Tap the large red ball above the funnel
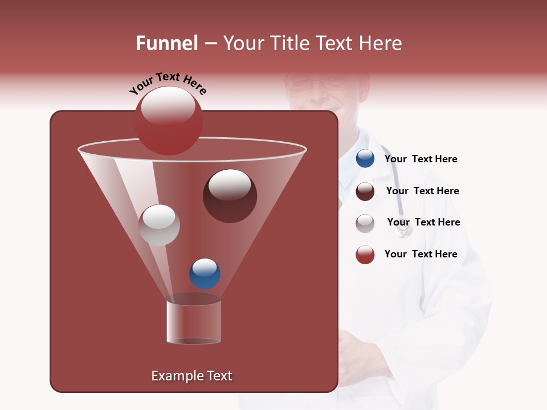pos(169,121)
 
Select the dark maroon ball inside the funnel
pos(230,196)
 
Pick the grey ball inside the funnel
pos(160,225)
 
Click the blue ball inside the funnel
pos(205,273)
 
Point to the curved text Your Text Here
pos(168,83)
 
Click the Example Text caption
pos(192,376)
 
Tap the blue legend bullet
pos(365,159)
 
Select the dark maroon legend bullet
pos(365,191)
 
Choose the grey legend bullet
pos(365,223)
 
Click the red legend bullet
pos(365,255)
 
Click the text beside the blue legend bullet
pos(421,159)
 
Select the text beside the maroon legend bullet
pos(422,191)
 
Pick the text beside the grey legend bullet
pos(423,223)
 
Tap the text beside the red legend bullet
pos(421,255)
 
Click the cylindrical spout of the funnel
pos(194,322)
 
